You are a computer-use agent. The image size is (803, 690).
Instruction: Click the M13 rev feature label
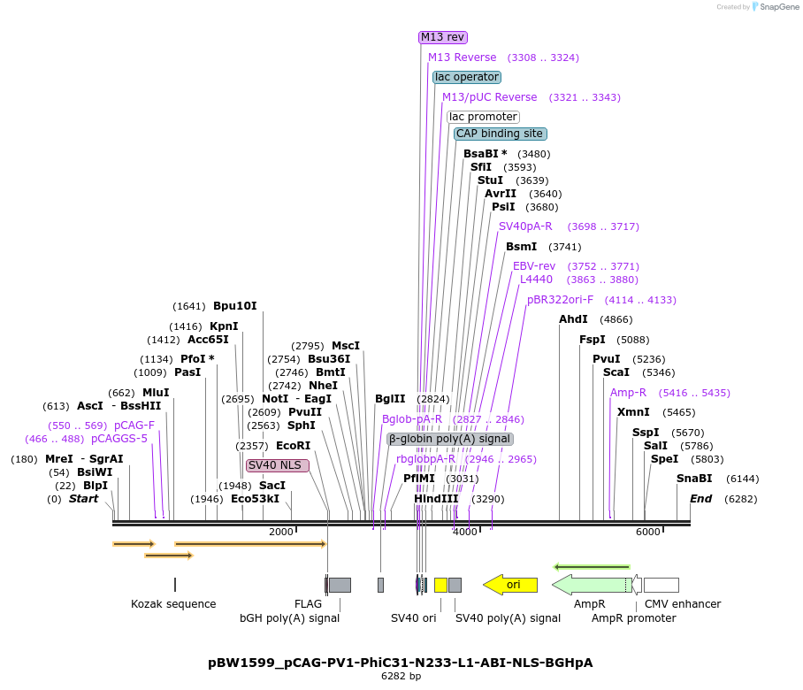coord(443,37)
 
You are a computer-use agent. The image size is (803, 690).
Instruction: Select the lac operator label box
coord(467,77)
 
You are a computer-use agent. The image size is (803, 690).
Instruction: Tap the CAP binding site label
coord(500,134)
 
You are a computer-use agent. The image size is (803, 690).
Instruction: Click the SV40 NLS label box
coord(278,465)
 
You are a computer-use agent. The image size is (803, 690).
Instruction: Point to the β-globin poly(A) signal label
coord(449,439)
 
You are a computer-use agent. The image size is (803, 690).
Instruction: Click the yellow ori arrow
coord(510,585)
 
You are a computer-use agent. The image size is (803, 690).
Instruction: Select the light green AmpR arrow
coord(590,585)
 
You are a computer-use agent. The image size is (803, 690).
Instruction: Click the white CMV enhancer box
coord(661,585)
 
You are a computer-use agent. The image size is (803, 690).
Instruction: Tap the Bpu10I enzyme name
coord(234,306)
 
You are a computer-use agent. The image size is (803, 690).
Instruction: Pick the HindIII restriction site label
coord(436,499)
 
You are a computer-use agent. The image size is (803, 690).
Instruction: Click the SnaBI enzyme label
coord(694,479)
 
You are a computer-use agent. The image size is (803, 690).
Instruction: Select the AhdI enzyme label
coord(573,319)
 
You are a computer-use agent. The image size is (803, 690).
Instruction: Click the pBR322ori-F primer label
coord(561,300)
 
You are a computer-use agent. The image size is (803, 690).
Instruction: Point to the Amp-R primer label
coord(628,393)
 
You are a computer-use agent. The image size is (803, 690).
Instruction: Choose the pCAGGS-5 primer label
coord(119,439)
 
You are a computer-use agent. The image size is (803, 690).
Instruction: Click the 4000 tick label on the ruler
coord(465,532)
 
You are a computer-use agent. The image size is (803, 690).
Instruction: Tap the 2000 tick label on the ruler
coord(280,532)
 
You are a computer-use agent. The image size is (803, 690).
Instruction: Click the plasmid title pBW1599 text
coord(400,663)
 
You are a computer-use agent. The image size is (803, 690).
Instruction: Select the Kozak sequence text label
coord(173,604)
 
